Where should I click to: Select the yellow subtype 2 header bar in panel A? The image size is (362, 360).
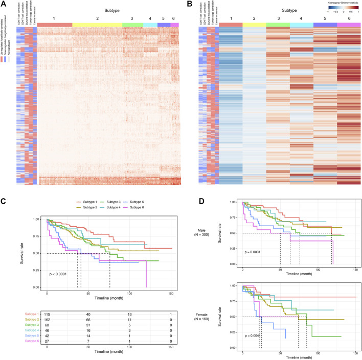click(97, 25)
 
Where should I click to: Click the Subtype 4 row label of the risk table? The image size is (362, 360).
click(30, 333)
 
